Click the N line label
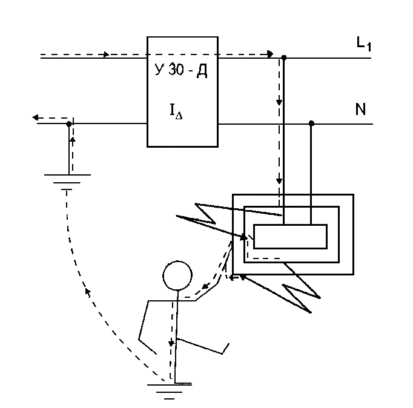(360, 110)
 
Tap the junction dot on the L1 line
(285, 58)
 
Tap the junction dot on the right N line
(311, 123)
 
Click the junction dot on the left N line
(69, 123)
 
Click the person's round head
(177, 274)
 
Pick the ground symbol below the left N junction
(68, 181)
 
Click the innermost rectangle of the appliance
(290, 236)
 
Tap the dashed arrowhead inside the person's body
(171, 343)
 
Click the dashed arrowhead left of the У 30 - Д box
(107, 55)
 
